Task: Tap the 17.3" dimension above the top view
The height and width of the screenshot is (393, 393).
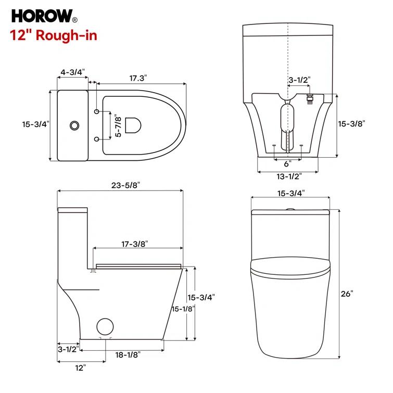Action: click(138, 78)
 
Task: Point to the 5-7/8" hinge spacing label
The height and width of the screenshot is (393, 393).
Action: click(118, 126)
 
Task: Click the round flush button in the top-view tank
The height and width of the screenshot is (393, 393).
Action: click(74, 125)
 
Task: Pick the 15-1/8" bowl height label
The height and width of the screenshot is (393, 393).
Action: click(183, 309)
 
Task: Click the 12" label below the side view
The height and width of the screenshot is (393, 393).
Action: click(80, 368)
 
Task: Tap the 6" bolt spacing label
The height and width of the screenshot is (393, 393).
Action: click(287, 163)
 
